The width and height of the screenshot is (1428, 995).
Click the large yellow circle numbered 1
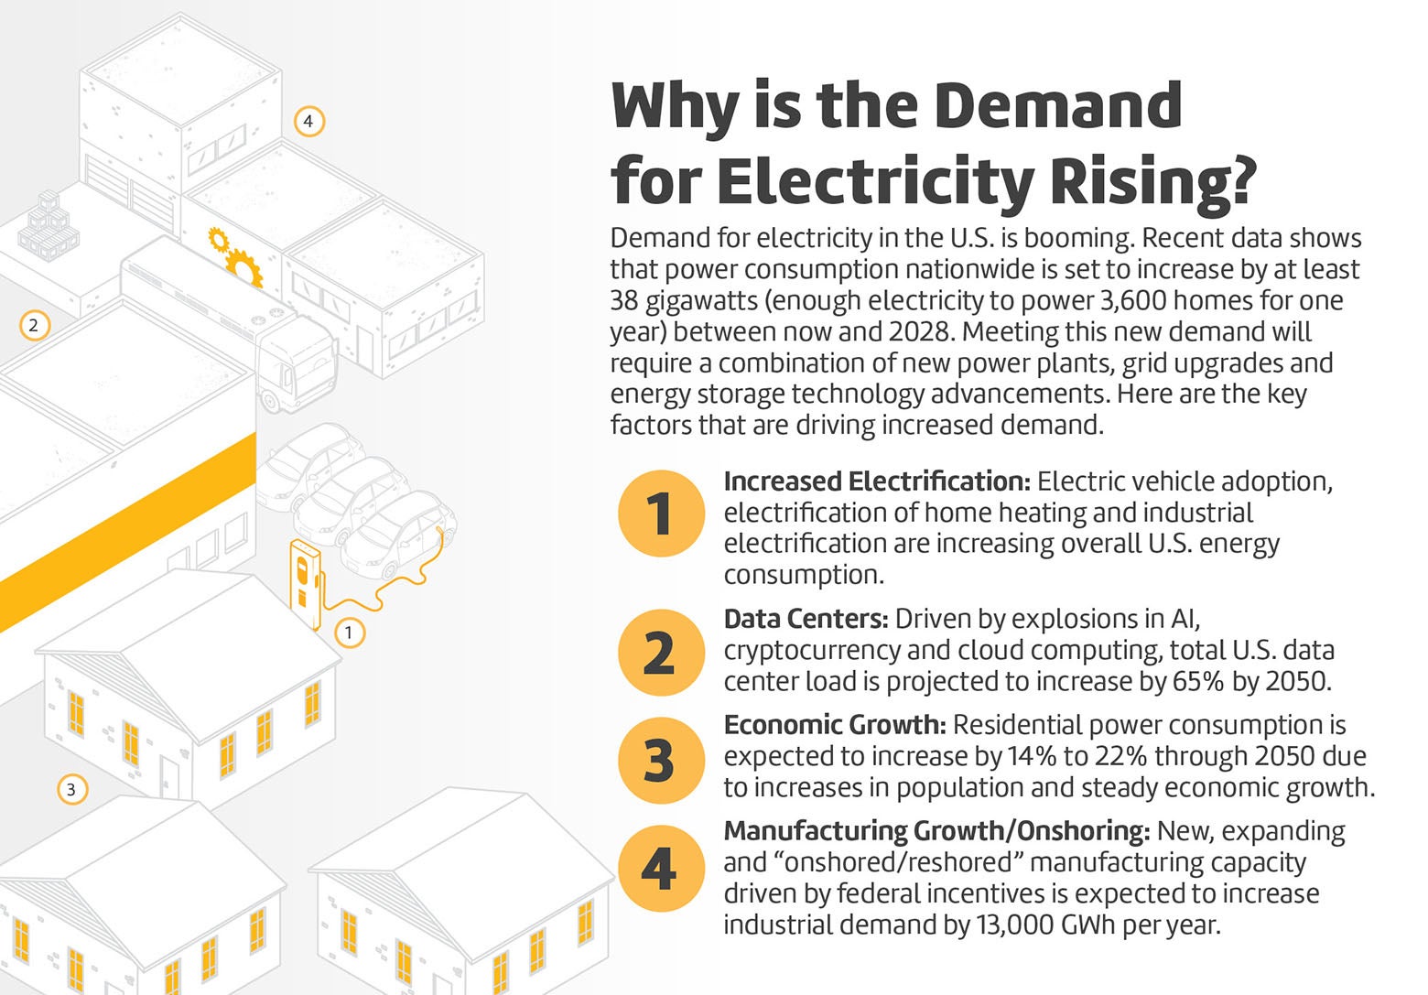[661, 514]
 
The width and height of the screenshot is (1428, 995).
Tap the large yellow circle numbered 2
[661, 653]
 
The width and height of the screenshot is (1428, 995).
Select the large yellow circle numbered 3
[661, 761]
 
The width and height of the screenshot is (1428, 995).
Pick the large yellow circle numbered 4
[661, 868]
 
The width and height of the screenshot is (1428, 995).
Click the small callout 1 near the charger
[348, 633]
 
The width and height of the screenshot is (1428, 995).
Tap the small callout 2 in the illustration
[34, 325]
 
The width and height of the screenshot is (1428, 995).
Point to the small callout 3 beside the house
[71, 789]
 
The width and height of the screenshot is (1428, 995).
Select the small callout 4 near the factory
[308, 121]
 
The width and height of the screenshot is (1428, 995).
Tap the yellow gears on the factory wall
[236, 255]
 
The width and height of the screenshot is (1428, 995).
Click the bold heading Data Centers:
[806, 620]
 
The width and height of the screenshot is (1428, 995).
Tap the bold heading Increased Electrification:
[876, 481]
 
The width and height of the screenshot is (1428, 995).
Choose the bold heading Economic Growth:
[834, 726]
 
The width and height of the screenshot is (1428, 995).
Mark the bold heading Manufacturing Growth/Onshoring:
[936, 831]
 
